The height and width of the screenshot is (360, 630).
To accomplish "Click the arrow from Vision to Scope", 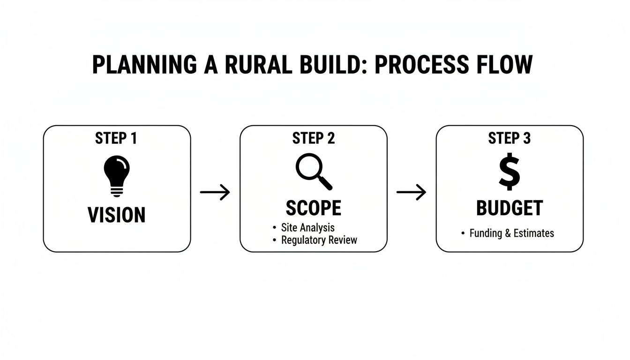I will [x=215, y=192].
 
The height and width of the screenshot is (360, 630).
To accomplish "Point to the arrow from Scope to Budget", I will [x=411, y=192].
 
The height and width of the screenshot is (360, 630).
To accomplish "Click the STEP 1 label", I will [x=117, y=138].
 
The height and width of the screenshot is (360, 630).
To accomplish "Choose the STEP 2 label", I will [x=314, y=138].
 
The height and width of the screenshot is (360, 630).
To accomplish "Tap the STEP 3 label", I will [x=510, y=138].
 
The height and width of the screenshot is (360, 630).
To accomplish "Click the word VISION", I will [x=117, y=215].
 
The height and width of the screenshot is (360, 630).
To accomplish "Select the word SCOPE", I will [x=314, y=208].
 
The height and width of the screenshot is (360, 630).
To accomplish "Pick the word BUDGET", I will [x=510, y=208].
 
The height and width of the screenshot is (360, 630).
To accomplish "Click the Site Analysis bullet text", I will [x=307, y=228].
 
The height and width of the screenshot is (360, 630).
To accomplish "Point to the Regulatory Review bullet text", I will [x=319, y=240].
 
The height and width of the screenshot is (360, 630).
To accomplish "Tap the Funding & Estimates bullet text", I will [x=511, y=233].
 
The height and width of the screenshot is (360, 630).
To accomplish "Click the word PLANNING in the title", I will [x=144, y=65].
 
